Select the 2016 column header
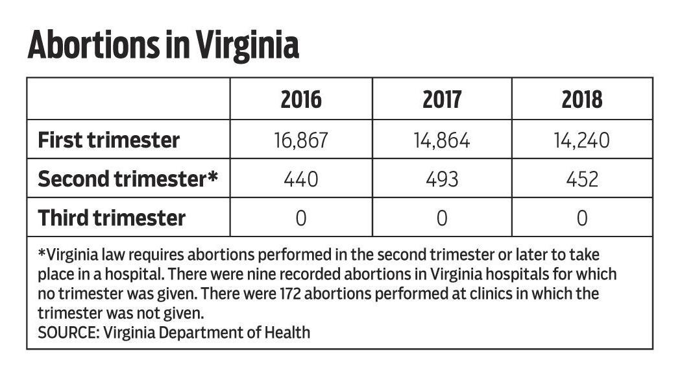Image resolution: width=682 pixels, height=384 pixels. coord(301,99)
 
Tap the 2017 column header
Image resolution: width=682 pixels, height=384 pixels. coord(442,99)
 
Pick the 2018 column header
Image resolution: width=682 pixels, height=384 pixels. coord(582,99)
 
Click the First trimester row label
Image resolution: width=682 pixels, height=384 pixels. coord(109,140)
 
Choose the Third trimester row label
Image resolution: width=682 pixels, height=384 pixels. coord(112,218)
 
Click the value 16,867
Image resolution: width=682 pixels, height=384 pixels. coord(301,140)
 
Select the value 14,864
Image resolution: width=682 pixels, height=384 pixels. coord(442,140)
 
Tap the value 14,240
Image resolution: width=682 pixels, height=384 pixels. coord(582,140)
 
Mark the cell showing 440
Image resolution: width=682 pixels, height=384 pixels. coord(301,179)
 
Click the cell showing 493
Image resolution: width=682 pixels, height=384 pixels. coord(442,179)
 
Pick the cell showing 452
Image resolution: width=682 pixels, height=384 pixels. coord(582,179)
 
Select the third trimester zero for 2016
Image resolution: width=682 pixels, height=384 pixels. coord(301,218)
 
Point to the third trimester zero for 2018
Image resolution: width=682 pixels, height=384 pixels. coord(582,218)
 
